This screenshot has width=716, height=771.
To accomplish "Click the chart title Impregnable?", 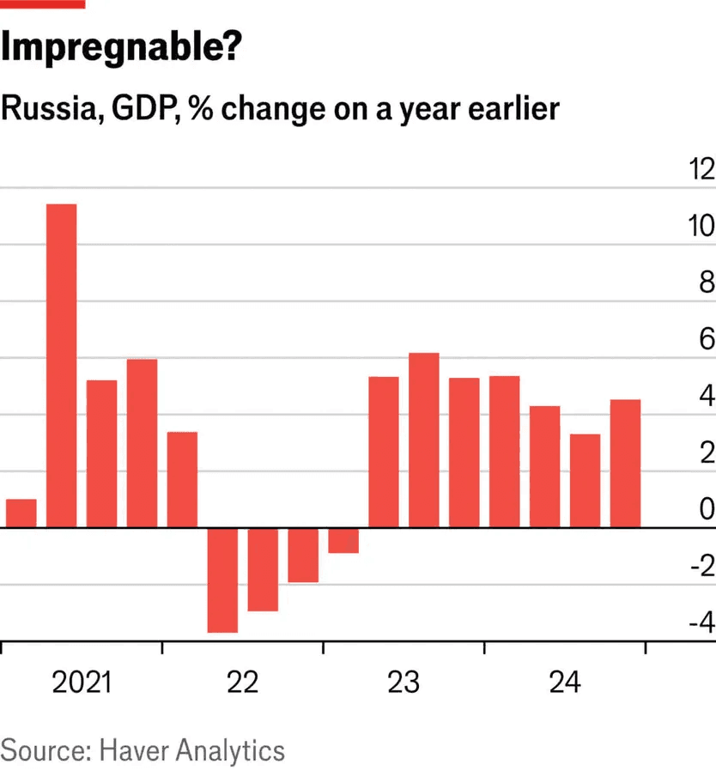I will click(120, 49).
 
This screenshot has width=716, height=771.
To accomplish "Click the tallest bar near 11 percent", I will click(61, 365).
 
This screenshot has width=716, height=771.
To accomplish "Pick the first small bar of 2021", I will click(21, 513).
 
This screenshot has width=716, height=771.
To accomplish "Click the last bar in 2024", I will click(625, 463).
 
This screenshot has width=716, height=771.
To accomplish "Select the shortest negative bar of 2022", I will click(343, 540).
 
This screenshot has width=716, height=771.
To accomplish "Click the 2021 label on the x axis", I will click(82, 683).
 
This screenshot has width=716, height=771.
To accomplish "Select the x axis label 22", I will click(242, 683).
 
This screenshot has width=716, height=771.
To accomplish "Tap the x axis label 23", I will click(403, 683).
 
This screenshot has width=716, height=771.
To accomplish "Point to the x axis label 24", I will click(564, 683).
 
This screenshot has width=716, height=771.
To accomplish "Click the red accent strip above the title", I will click(42, 4).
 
